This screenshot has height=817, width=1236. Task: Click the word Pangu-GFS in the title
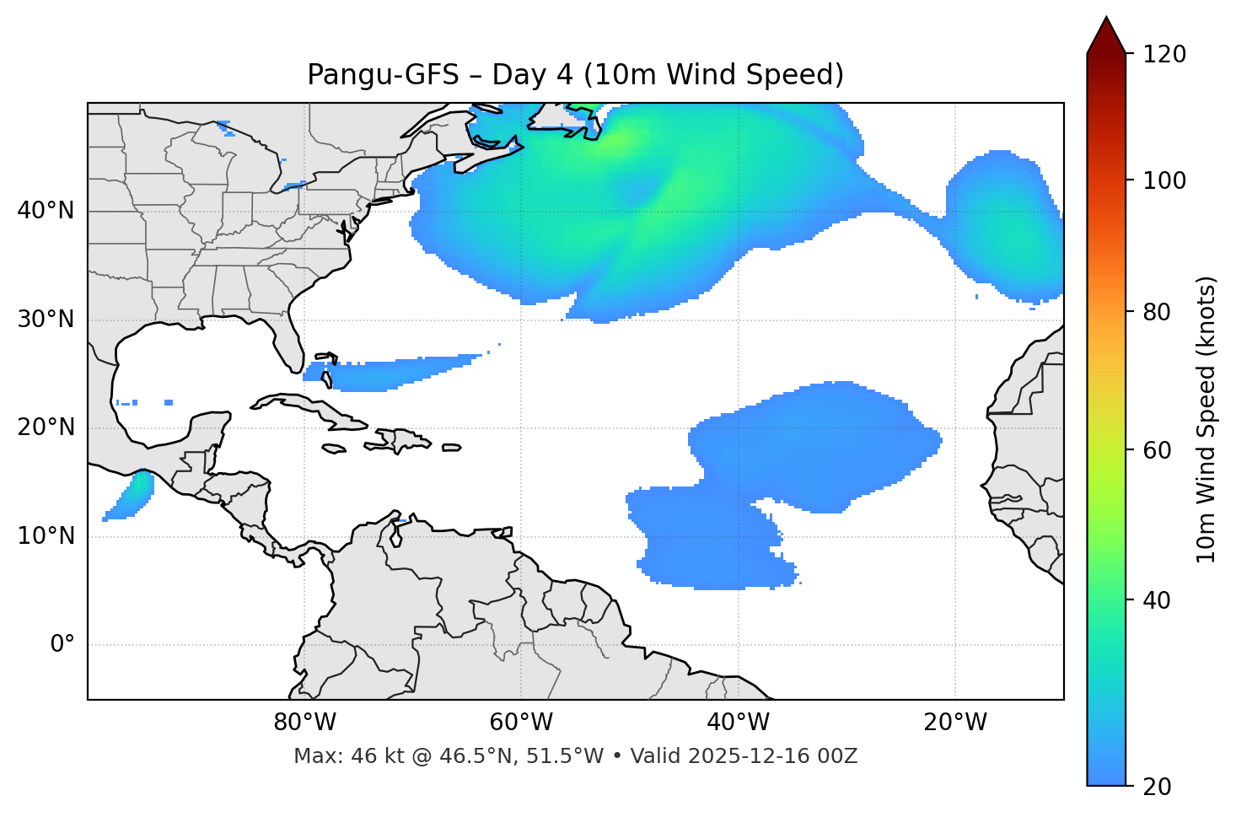click(x=383, y=75)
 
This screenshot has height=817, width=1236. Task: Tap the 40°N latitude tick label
click(x=46, y=210)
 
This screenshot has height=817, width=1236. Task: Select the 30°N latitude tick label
click(x=46, y=320)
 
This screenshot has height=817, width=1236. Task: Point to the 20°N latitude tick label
click(x=46, y=427)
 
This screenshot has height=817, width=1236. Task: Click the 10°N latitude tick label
click(x=46, y=536)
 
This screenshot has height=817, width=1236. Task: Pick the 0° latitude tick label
click(x=62, y=645)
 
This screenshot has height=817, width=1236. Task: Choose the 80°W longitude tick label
click(x=304, y=723)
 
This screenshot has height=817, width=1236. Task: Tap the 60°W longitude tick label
click(x=521, y=723)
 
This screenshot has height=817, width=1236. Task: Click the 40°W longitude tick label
click(x=738, y=723)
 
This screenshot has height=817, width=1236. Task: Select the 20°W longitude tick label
click(x=954, y=723)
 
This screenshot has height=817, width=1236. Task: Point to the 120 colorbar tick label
click(x=1164, y=55)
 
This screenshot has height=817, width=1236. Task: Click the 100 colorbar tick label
click(x=1164, y=180)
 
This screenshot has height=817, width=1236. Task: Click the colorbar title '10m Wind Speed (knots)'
click(x=1206, y=419)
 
